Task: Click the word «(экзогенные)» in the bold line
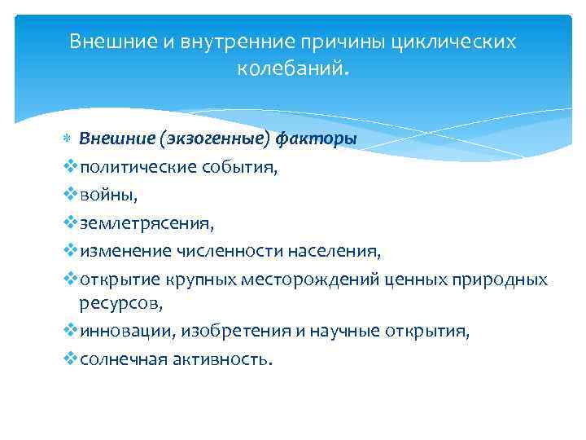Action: pos(216,138)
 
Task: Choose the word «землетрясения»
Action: pos(135,222)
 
